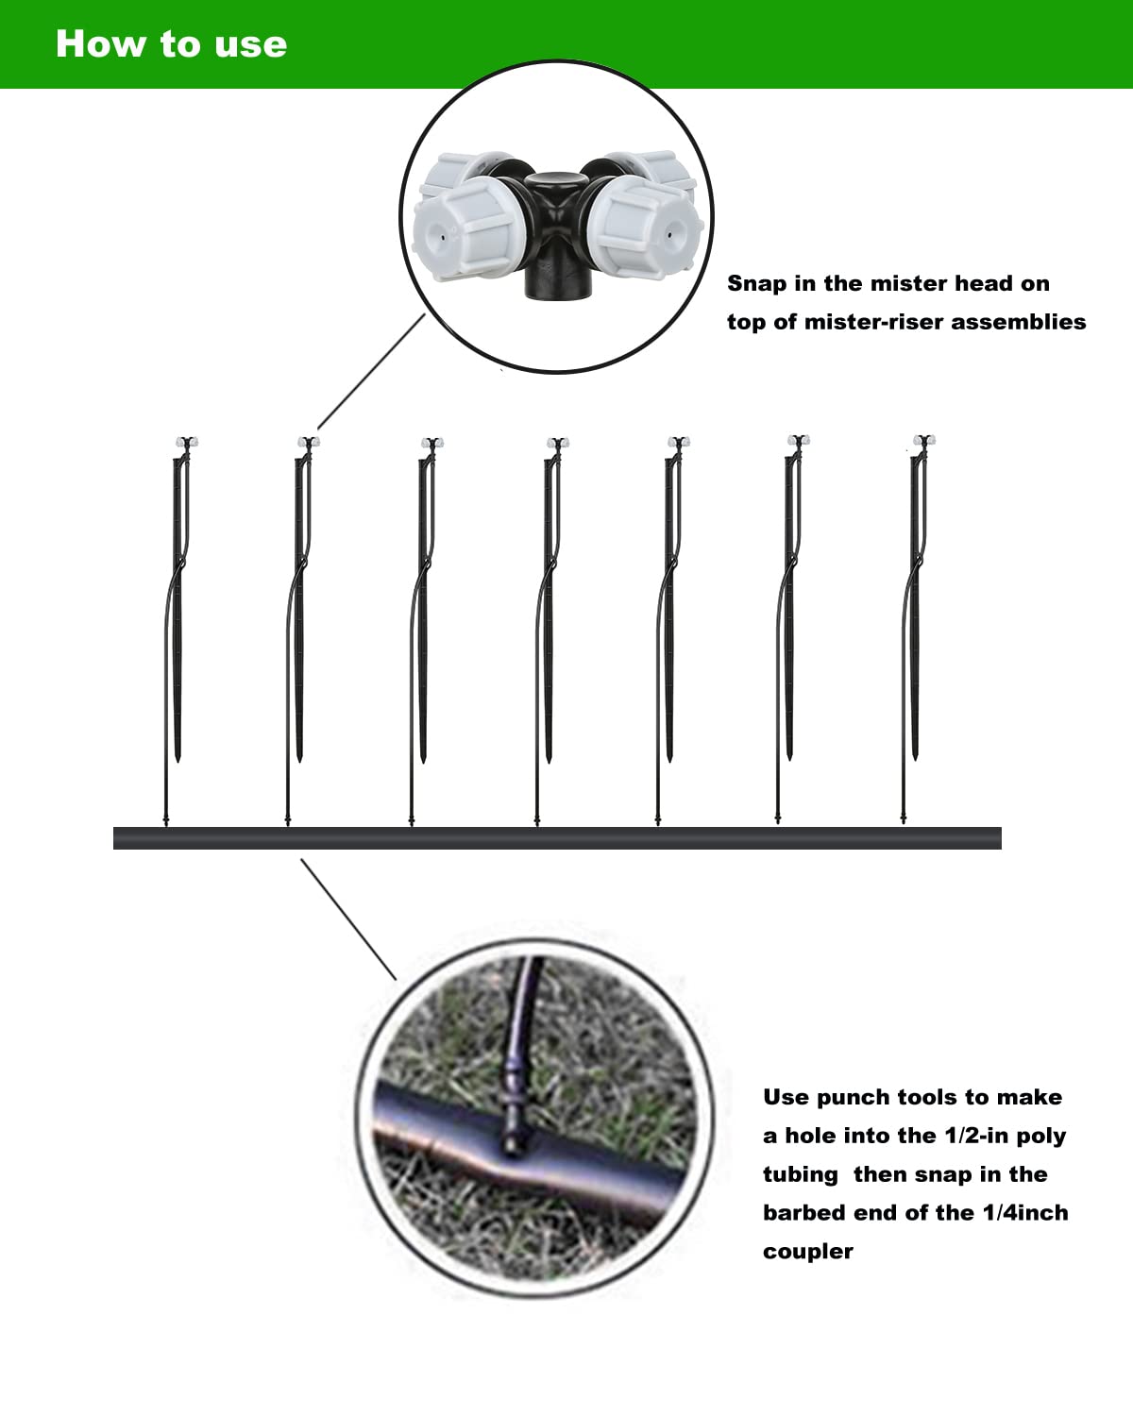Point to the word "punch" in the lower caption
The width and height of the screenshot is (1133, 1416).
[854, 1098]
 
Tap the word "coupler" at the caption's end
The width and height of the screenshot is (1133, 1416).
[808, 1252]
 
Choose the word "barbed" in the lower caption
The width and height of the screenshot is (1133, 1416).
[804, 1213]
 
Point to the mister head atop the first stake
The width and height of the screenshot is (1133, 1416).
[187, 442]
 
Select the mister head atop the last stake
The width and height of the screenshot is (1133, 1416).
[923, 441]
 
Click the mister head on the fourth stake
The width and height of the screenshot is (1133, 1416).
[557, 443]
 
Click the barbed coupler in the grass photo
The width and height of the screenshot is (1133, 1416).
[511, 1119]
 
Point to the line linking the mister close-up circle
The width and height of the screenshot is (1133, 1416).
[370, 373]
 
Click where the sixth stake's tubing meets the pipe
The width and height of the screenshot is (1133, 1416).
[778, 825]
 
